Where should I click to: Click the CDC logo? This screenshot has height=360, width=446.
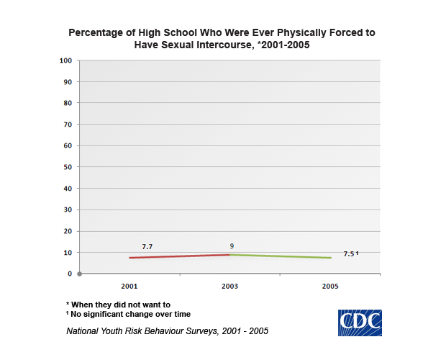360,323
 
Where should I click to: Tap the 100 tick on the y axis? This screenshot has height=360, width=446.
65,60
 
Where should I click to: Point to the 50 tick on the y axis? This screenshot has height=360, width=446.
68,167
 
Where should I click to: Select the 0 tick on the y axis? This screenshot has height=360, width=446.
70,274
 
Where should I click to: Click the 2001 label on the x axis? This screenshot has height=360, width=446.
129,286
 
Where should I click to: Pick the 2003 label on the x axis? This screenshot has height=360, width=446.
231,286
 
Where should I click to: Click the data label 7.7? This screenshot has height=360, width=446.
147,247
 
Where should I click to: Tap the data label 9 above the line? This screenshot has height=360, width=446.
232,246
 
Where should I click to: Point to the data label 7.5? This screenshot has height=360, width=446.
349,253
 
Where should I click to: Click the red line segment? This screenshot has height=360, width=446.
180,256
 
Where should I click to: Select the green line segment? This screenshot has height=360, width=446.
281,256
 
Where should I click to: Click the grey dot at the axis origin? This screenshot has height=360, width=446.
79,274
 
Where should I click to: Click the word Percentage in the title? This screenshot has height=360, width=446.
97,33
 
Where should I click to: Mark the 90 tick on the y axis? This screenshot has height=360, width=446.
68,81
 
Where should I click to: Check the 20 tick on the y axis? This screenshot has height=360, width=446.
68,231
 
